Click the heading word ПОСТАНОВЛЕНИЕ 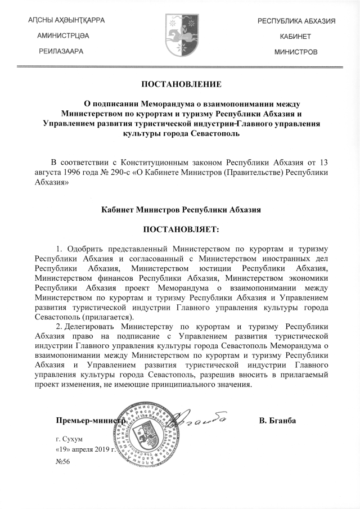click(181, 84)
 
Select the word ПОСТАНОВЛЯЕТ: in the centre click(181, 229)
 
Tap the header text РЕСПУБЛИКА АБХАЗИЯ click(297, 21)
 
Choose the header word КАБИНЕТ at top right click(296, 36)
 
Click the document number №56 click(62, 462)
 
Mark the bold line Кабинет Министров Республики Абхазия click(181, 209)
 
